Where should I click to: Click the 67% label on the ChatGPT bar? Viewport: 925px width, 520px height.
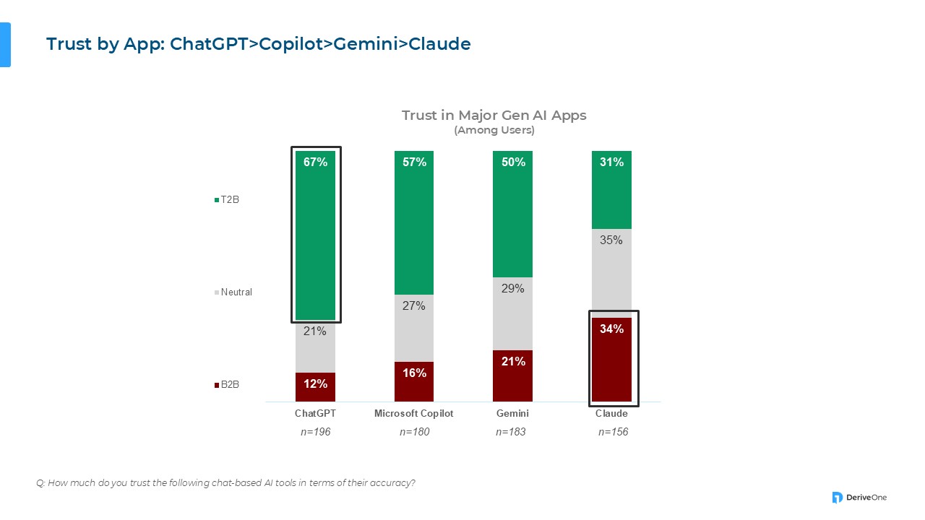click(315, 162)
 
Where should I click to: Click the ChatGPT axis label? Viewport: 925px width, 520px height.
click(315, 414)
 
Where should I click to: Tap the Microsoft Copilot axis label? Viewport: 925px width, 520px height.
click(414, 414)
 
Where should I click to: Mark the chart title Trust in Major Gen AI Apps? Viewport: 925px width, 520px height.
click(494, 116)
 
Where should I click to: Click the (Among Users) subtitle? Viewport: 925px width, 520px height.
click(494, 131)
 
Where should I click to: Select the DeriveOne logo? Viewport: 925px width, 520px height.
click(859, 497)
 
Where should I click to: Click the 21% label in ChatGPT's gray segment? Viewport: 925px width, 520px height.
click(315, 331)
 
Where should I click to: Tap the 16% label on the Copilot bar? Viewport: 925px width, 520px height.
click(414, 373)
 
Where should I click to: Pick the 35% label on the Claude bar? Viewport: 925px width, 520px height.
click(611, 240)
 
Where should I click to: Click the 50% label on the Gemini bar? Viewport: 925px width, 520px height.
click(513, 162)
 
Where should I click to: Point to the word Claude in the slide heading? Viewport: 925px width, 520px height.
click(439, 44)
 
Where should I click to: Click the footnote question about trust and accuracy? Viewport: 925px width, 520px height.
click(225, 482)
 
